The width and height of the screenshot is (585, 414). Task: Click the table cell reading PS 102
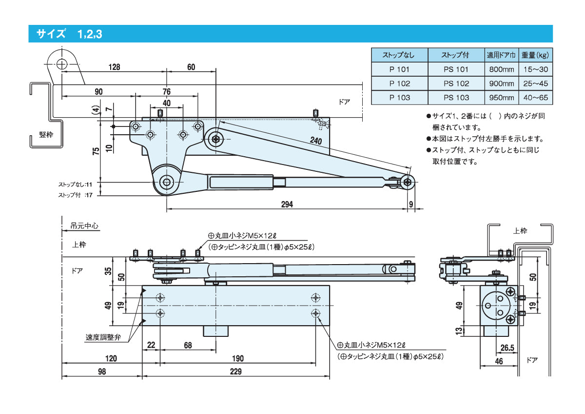(456, 83)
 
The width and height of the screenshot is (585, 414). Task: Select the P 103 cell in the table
(400, 98)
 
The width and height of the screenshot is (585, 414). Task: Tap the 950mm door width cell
(502, 98)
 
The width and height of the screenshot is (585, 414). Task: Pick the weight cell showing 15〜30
(535, 69)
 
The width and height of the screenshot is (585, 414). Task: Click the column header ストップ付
(456, 55)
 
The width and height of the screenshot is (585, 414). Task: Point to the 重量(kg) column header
(535, 55)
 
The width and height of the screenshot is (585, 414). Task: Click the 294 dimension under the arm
(287, 205)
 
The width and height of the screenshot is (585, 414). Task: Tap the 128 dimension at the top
(114, 67)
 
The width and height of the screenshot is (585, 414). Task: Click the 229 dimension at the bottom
(235, 372)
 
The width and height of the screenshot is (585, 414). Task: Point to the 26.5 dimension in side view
(507, 348)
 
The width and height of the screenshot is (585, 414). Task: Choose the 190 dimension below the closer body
(238, 358)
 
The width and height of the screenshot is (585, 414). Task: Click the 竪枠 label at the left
(46, 135)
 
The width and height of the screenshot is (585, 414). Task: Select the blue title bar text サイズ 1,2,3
(69, 34)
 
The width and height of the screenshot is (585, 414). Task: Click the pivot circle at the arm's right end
(408, 182)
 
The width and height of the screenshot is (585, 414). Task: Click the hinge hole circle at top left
(61, 64)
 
